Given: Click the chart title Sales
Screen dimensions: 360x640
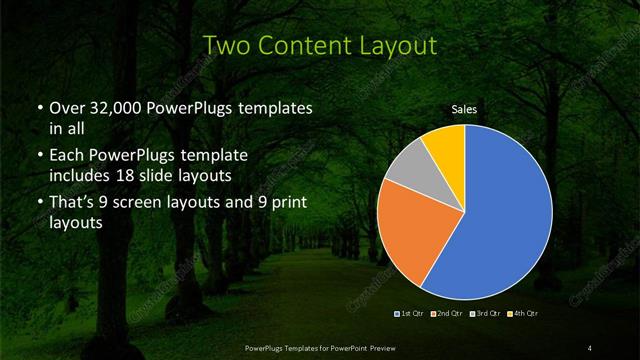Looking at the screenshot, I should click(464, 109).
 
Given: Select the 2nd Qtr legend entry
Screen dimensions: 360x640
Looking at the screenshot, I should click(447, 315).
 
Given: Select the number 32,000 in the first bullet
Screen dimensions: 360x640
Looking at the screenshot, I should click(112, 107).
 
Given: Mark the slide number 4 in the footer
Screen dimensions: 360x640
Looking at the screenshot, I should click(590, 348).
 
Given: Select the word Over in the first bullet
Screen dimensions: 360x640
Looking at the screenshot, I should click(67, 107).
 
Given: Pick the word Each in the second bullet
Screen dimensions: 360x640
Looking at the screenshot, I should click(67, 157).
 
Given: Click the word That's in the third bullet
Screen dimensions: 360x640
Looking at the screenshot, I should click(73, 204).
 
